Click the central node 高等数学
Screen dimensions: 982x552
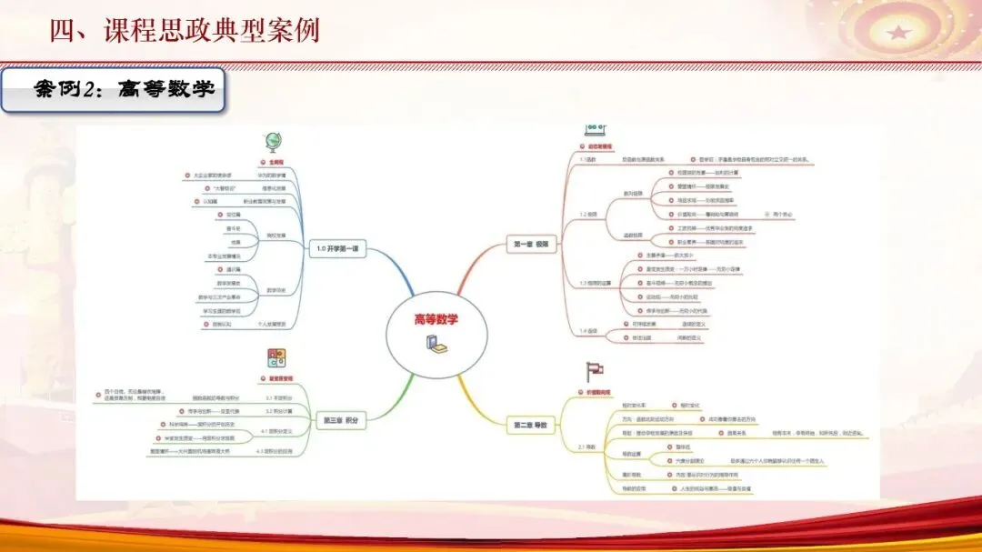[436, 319]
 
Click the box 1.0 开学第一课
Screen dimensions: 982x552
[336, 249]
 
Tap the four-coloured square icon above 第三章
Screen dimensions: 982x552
[275, 357]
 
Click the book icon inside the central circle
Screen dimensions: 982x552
[435, 343]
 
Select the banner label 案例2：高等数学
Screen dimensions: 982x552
[113, 90]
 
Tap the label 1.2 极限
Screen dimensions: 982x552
[588, 215]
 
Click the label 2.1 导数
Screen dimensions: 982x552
[587, 447]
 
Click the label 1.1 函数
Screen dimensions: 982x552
[587, 159]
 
